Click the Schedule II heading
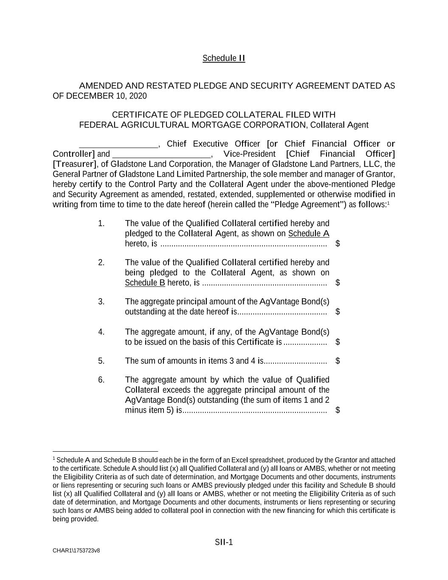click(x=224, y=58)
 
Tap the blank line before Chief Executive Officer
click(x=118, y=144)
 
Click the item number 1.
click(x=101, y=224)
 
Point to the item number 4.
click(x=101, y=332)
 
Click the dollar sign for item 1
click(x=338, y=243)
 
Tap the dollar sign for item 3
click(x=338, y=311)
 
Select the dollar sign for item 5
click(x=338, y=361)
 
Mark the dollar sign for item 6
click(x=338, y=410)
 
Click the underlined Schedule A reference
click(x=309, y=234)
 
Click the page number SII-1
click(x=224, y=542)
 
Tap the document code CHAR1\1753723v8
click(x=76, y=551)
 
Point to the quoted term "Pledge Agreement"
click(x=305, y=205)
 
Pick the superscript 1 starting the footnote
click(x=54, y=458)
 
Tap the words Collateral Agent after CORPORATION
click(x=339, y=125)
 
